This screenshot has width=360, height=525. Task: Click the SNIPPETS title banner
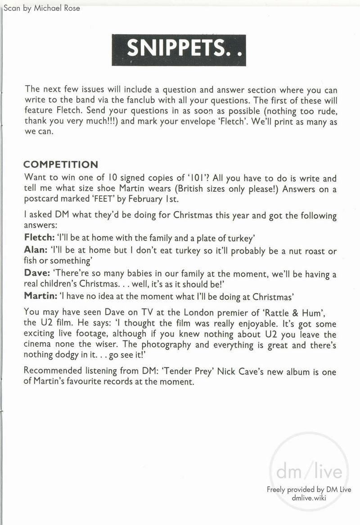coord(179,50)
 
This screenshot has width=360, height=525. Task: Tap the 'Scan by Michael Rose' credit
coord(41,8)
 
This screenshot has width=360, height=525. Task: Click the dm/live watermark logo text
coord(312,472)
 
